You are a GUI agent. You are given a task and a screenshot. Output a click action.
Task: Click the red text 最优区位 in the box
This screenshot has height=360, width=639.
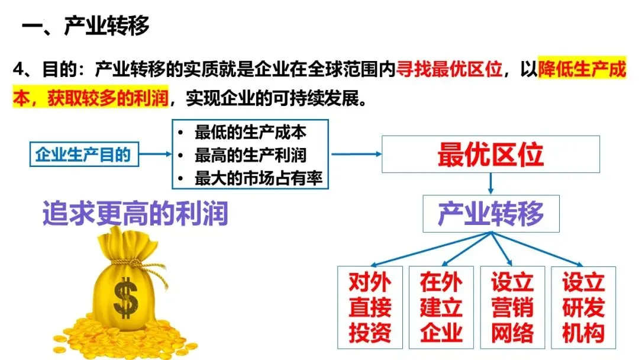[490, 155]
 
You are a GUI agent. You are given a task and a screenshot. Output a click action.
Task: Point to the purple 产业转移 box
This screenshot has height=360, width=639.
[490, 213]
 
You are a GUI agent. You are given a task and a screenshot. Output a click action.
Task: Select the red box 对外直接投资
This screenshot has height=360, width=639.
[370, 307]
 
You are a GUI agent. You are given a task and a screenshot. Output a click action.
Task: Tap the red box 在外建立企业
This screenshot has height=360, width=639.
[441, 307]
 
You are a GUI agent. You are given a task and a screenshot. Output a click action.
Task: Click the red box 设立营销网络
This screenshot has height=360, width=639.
[512, 307]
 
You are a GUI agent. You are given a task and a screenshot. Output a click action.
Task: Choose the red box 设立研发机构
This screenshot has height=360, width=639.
[583, 307]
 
